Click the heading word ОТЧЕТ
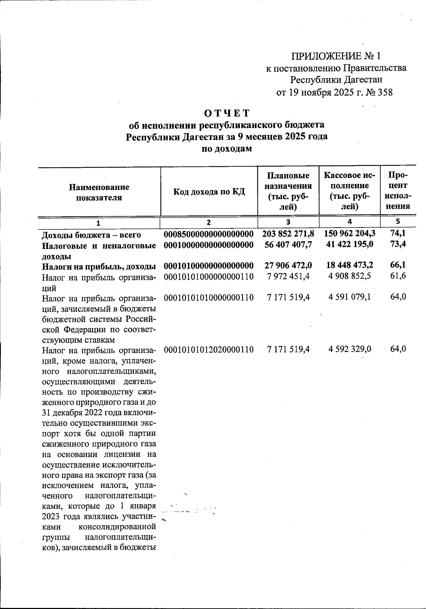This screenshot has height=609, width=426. pos(227,113)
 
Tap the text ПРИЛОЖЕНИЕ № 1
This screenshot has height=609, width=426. pos(335,56)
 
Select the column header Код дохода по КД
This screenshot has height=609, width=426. pos(209,192)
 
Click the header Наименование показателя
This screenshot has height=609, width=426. pos(99,192)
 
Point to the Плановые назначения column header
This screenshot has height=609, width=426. pos(288,191)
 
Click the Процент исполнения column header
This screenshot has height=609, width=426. pos(398,191)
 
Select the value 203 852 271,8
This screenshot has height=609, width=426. pos(288,234)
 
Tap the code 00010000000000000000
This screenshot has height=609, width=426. pos(209,245)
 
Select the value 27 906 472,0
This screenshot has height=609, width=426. pos(288,266)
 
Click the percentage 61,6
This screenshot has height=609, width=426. pos(398,276)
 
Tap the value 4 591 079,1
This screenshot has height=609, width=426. pos(350,297)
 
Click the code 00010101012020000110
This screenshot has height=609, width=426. pos(209,349)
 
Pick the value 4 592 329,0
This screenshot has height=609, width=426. pos(350,349)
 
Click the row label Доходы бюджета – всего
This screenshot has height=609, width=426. pos(91,235)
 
